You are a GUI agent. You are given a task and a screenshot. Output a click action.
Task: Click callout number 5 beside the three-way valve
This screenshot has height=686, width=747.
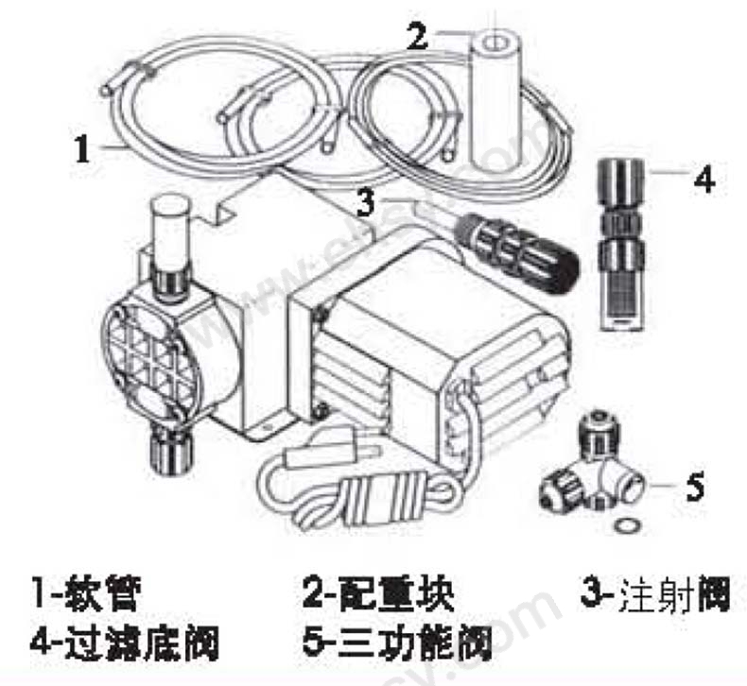[694, 487]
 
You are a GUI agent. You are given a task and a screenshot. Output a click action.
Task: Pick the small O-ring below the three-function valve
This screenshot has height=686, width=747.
[625, 525]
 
